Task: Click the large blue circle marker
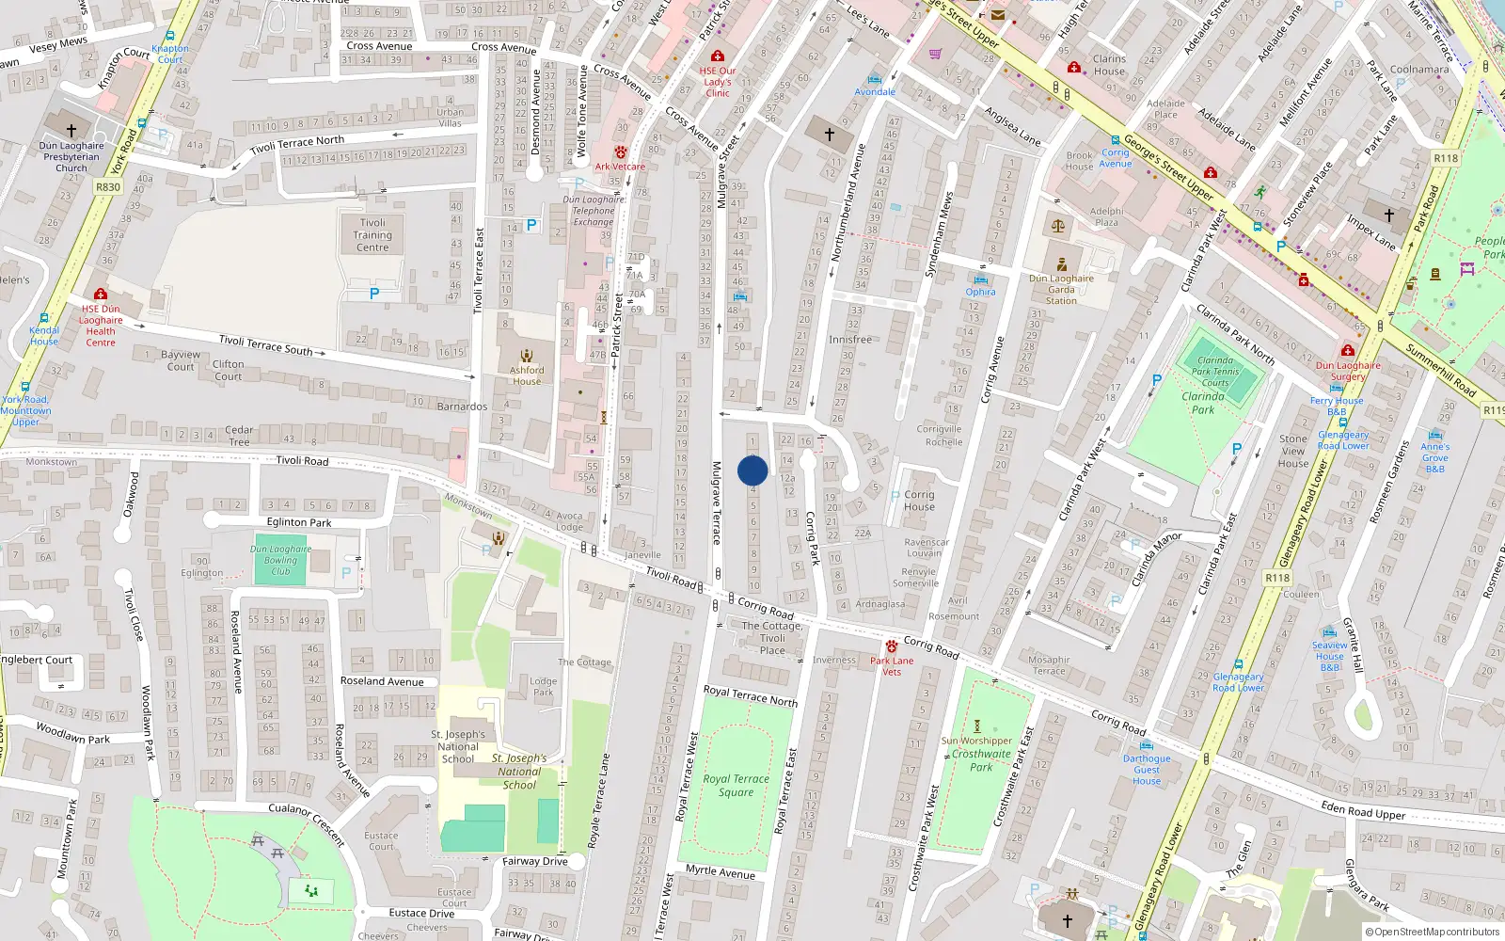tap(752, 470)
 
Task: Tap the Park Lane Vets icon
tap(891, 647)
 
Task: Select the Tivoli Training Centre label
tap(372, 235)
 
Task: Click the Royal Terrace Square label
tap(736, 785)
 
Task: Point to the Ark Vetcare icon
tap(620, 152)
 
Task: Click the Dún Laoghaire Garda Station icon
tap(1062, 264)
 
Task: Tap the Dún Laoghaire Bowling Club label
tap(280, 560)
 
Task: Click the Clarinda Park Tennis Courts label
tap(1214, 372)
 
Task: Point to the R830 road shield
tap(108, 187)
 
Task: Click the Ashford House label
tap(527, 375)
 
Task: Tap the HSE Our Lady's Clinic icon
tap(718, 56)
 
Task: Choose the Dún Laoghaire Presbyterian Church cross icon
tap(71, 130)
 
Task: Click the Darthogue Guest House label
tap(1147, 770)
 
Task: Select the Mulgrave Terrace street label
tap(716, 502)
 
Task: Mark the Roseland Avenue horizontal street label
tap(382, 681)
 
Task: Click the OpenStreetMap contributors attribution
tap(1433, 932)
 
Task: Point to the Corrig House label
tap(919, 501)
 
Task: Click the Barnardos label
tap(462, 407)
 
